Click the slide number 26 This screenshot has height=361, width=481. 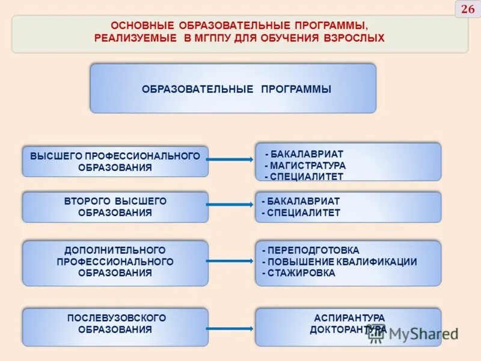468,9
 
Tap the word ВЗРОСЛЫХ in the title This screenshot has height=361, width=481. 354,38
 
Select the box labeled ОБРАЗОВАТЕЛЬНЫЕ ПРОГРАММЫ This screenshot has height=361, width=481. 233,88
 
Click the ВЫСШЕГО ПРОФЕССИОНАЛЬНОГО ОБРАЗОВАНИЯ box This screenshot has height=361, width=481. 115,161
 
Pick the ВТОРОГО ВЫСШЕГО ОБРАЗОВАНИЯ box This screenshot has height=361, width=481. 115,207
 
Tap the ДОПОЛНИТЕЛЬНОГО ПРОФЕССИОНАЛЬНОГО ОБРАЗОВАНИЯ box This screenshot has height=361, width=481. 115,262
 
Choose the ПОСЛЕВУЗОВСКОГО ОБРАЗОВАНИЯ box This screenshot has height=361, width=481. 115,327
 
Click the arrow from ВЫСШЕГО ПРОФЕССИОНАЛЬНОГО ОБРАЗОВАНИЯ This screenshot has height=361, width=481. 231,159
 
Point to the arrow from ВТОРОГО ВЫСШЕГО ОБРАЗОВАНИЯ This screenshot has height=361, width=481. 231,205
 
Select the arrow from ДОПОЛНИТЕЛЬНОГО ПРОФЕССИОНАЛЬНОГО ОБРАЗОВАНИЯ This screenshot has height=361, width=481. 231,261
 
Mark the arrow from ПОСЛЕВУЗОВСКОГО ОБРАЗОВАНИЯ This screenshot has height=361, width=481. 231,329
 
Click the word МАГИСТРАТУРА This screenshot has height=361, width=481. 307,165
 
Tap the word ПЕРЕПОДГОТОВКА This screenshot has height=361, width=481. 313,250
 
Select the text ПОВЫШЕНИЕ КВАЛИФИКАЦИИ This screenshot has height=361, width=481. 342,262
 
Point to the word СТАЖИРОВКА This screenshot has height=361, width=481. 301,273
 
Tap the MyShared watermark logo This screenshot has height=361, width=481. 414,335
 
